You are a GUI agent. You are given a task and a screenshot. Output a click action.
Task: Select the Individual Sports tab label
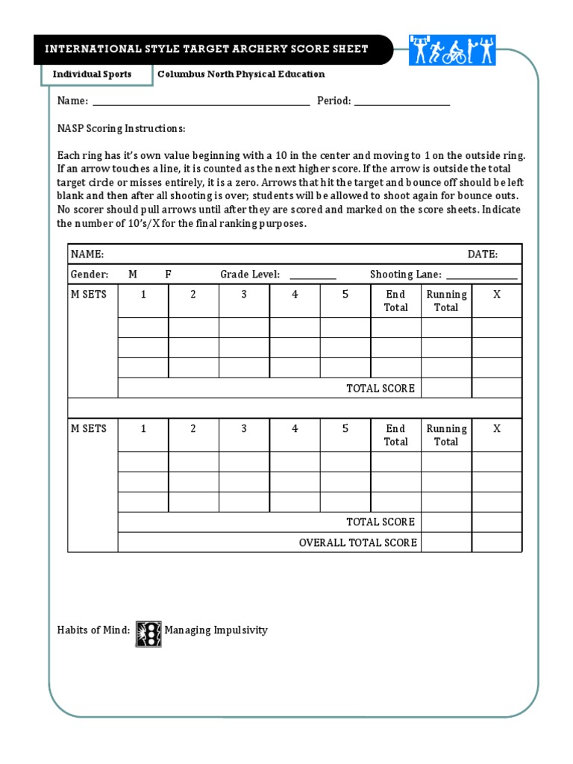[x=92, y=74]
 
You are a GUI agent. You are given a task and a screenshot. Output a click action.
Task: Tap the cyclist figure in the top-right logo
[x=454, y=51]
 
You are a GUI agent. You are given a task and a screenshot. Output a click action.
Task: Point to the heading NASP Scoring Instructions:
[x=121, y=128]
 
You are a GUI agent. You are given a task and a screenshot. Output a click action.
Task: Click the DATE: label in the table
[x=482, y=254]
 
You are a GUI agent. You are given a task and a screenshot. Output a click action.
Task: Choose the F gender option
[x=169, y=275]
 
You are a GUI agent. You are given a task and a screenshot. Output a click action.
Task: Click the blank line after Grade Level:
[x=309, y=275]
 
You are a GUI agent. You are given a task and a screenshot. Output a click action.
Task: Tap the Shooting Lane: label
[x=406, y=275]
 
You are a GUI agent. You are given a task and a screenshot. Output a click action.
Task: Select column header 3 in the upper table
[x=244, y=295]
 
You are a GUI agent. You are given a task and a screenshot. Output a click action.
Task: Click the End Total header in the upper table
[x=395, y=301]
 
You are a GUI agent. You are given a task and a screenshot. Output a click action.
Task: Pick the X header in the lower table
[x=497, y=429]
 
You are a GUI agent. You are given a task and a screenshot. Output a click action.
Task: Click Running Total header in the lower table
[x=446, y=435]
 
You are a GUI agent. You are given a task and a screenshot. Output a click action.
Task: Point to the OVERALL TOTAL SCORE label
[x=357, y=542]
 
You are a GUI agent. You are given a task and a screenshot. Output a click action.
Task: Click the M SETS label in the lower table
[x=89, y=429]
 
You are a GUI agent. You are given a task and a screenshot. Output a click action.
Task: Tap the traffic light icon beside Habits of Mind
[x=148, y=633]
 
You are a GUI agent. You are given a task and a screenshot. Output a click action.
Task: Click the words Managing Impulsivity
[x=216, y=630]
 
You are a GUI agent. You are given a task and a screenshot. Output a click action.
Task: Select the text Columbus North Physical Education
[x=241, y=74]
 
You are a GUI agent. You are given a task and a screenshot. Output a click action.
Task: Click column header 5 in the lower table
[x=345, y=429]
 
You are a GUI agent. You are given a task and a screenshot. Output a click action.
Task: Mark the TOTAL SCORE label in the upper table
[x=380, y=388]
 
